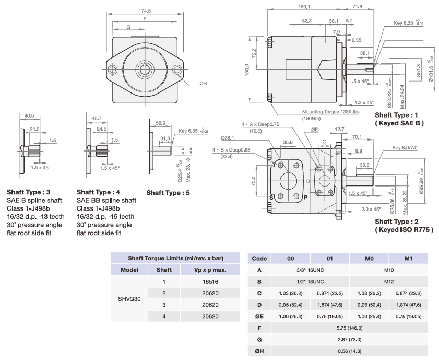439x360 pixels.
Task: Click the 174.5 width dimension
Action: (145, 10)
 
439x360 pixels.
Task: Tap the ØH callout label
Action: (203, 83)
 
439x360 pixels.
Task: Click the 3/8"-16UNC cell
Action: (311, 270)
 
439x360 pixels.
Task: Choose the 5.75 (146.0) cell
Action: (349, 328)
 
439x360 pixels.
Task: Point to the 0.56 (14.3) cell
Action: (349, 351)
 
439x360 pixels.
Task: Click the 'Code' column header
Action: (259, 258)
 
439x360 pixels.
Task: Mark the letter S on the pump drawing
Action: (271, 198)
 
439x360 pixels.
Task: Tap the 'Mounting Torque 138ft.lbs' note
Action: (331, 111)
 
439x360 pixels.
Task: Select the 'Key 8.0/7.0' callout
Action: (406, 148)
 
